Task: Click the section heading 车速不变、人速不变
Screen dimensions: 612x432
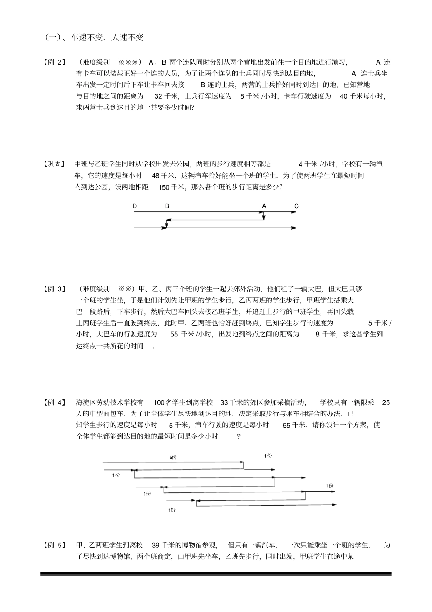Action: point(95,38)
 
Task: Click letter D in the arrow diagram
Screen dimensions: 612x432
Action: point(135,206)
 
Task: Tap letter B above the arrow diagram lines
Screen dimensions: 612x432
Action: point(167,206)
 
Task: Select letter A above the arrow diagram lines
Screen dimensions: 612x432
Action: point(264,206)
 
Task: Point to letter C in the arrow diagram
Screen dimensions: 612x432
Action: point(296,206)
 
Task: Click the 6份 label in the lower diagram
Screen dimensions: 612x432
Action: point(172,457)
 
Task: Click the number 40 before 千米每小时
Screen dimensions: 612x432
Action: point(344,96)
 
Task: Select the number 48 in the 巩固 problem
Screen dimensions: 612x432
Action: point(156,176)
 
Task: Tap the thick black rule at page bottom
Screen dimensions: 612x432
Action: point(216,574)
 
